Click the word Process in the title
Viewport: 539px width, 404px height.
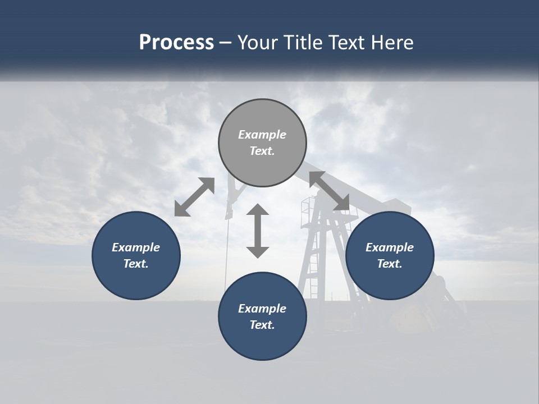point(176,43)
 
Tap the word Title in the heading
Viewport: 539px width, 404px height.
point(303,43)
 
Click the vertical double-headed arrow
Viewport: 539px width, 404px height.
point(258,231)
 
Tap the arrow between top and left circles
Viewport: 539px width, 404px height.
point(194,196)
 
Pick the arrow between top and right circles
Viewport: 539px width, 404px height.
point(329,191)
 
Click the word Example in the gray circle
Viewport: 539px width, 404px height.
point(262,135)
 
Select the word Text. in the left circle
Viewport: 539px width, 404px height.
point(136,264)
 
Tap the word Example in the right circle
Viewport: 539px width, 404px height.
point(390,247)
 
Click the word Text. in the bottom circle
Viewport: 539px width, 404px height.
point(262,325)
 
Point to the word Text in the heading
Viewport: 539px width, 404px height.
point(348,43)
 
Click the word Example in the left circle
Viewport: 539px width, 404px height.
point(136,247)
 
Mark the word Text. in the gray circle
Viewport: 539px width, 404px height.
point(262,151)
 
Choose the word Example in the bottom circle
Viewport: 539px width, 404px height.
point(262,309)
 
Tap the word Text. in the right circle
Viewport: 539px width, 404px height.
point(390,264)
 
